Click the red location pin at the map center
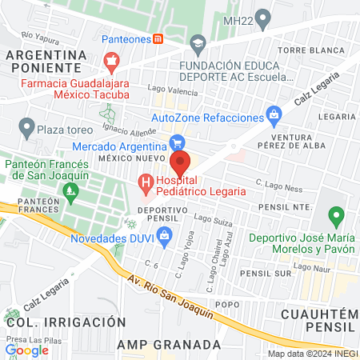(180, 163)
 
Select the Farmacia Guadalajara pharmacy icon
(112, 61)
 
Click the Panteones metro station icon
(158, 38)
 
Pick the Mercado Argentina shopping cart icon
(177, 142)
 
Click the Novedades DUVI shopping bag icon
(165, 235)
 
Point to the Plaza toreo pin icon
(27, 126)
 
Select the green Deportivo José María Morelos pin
(336, 216)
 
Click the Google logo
(27, 350)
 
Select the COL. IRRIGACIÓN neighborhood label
(66, 322)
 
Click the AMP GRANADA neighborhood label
(169, 344)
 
